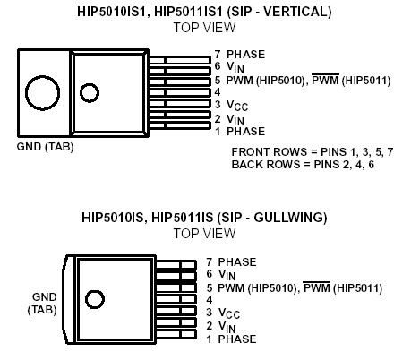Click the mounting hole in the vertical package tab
click(x=40, y=92)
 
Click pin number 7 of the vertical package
click(x=217, y=55)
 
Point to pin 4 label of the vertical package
click(x=217, y=92)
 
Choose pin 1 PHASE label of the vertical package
click(x=238, y=131)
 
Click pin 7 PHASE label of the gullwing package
click(x=230, y=261)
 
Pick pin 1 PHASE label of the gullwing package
click(x=230, y=339)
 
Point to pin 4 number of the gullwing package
click(x=209, y=299)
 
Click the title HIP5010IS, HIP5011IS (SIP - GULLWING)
click(x=204, y=217)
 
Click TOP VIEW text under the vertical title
click(x=205, y=27)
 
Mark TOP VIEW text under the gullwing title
click(x=204, y=232)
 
